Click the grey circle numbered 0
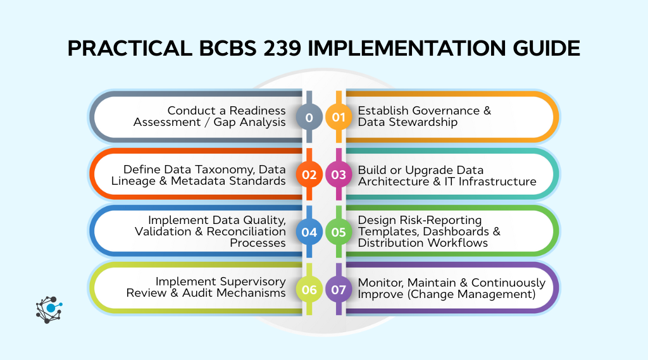click(x=309, y=118)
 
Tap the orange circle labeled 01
click(x=339, y=118)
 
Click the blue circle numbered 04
click(x=309, y=232)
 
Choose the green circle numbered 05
click(x=339, y=232)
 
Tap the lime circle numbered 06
click(x=309, y=289)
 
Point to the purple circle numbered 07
click(x=339, y=289)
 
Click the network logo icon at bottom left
click(x=49, y=309)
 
